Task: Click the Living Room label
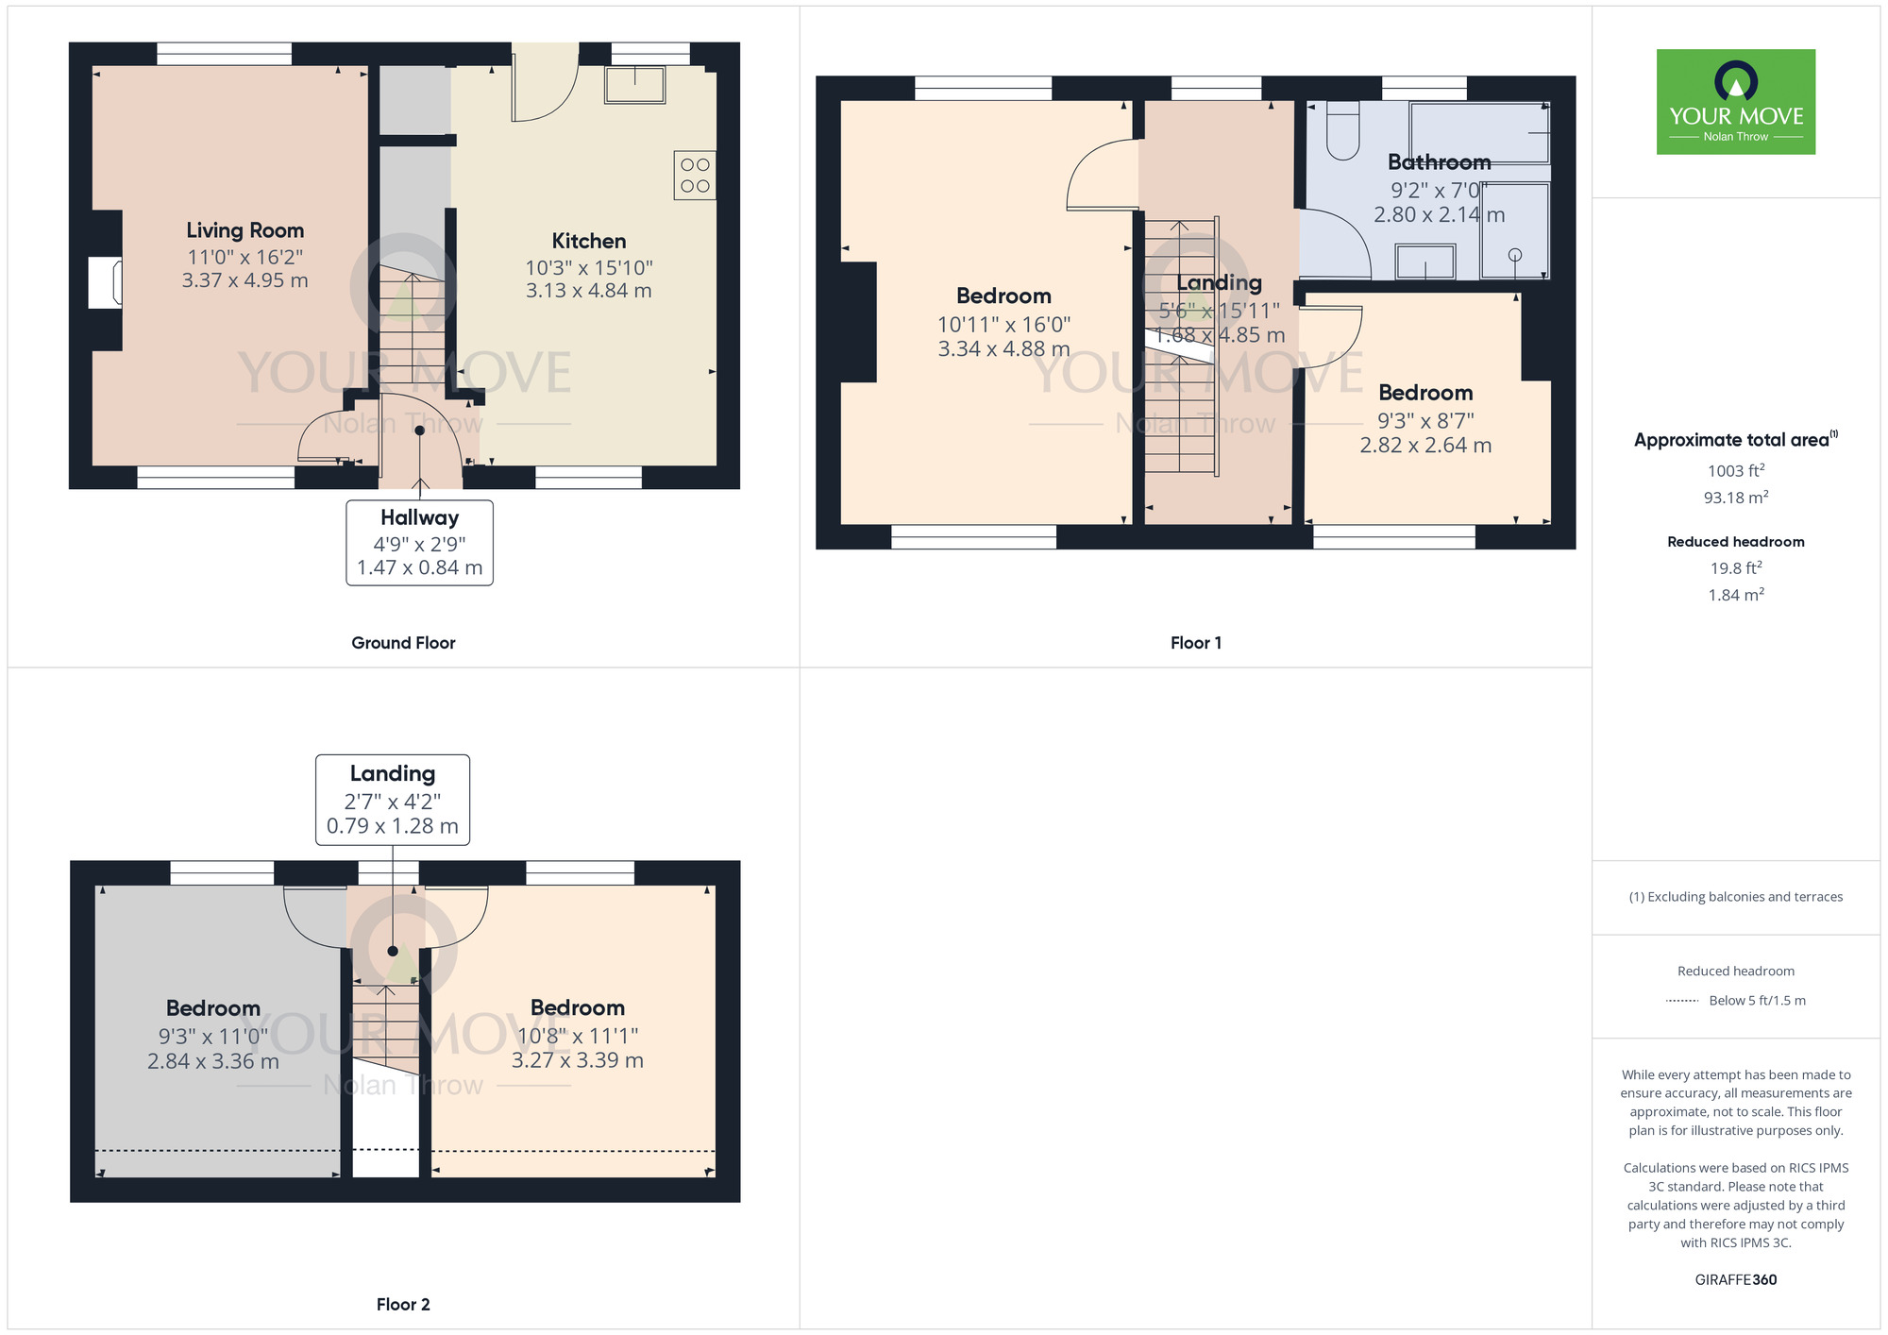point(244,230)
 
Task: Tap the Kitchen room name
point(589,241)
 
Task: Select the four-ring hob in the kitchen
point(695,176)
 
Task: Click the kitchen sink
point(635,84)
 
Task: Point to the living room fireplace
point(105,282)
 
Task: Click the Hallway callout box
point(419,543)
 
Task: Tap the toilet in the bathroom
point(1342,130)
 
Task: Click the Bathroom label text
point(1440,162)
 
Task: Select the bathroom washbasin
point(1425,262)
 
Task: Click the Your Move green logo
point(1736,102)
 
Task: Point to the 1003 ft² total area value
point(1736,470)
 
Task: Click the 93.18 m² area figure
point(1736,497)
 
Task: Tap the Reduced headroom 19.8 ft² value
point(1736,567)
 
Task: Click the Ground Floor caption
point(403,643)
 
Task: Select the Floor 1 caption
point(1196,643)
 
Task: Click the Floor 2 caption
point(403,1305)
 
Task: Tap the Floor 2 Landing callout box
point(393,800)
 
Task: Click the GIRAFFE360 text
point(1736,1280)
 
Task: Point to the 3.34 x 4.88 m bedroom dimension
point(1003,349)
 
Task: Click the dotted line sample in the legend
point(1682,1001)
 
